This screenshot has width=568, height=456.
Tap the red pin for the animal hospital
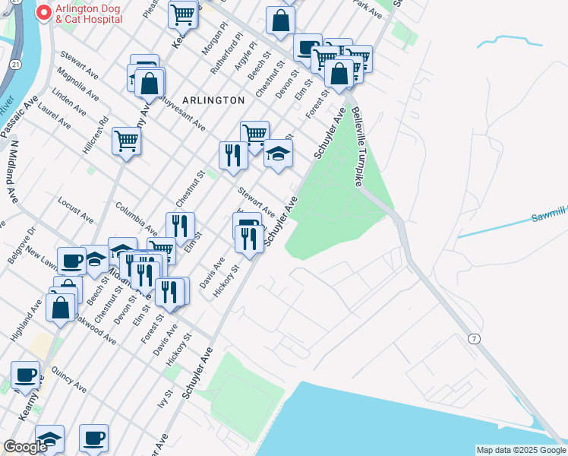[x=44, y=13]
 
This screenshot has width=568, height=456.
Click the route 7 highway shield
[x=474, y=338]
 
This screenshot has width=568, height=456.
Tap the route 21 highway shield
[x=15, y=65]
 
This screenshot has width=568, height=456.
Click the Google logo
[x=25, y=447]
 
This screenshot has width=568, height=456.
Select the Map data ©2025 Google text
[x=520, y=450]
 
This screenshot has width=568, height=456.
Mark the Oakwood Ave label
[x=95, y=329]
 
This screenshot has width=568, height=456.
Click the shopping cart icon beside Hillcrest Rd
[x=126, y=141]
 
